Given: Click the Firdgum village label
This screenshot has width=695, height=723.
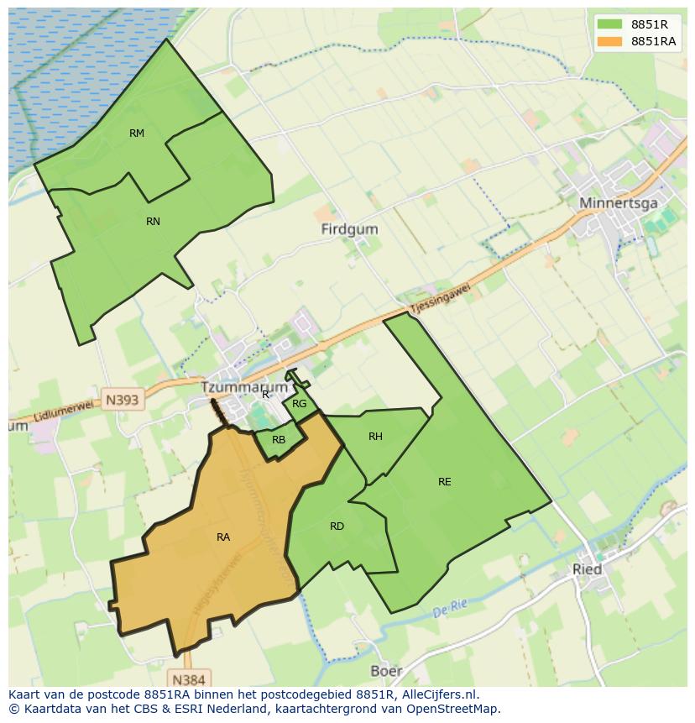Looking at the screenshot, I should coord(349,228).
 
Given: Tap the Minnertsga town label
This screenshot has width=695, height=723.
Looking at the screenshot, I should coord(618,203).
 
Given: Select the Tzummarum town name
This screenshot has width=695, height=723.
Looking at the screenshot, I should coord(244,387).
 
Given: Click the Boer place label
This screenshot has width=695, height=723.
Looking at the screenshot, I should coord(386,671).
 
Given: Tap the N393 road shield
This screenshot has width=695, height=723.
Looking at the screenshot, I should coord(123,400).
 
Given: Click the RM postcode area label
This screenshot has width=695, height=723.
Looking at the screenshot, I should coord(137,134).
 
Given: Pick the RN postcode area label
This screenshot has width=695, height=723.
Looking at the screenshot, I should coord(153,222).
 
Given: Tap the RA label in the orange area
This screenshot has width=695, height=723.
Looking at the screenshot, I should coord(223,537).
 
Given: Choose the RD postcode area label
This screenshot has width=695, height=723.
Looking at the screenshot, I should coord(337,527).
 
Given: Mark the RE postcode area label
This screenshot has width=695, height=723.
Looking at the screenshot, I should coord(444,482).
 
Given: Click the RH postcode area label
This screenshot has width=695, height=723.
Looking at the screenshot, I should coord(375,437).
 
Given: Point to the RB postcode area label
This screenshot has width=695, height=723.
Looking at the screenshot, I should coord(279,440).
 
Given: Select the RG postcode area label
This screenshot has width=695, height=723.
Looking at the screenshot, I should coord(300,404).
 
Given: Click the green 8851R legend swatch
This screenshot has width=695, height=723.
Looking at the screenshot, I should coord(610,24).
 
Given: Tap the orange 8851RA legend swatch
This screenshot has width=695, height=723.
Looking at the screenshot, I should coord(610,41).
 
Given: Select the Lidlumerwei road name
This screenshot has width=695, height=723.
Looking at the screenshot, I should coord(65,411).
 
